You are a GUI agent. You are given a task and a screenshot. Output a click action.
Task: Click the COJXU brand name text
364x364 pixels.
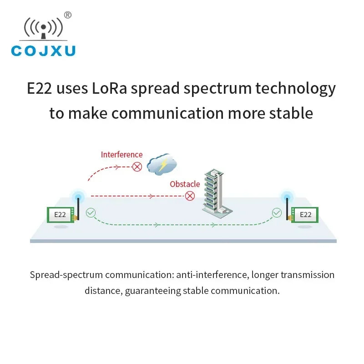pos(43,51)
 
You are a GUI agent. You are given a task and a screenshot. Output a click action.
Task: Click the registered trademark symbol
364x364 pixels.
pos(67,15)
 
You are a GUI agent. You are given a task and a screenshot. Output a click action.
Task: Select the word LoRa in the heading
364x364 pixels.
pos(109,88)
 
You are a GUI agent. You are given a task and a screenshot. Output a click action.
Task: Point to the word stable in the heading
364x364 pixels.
pos(291,113)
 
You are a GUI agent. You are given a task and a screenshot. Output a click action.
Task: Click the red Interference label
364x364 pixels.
pos(121,155)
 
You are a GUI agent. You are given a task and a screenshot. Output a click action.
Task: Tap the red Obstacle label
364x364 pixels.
pos(185,184)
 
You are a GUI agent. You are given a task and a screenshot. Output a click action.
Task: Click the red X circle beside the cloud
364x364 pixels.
pos(137,167)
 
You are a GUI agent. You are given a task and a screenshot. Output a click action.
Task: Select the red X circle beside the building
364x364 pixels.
pos(190,196)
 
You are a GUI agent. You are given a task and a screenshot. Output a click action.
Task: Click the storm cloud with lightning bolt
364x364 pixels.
pos(162,164)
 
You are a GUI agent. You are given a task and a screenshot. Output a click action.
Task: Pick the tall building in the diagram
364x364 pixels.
pos(217,193)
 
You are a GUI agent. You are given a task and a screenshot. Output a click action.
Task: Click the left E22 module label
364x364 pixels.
pos(60,215)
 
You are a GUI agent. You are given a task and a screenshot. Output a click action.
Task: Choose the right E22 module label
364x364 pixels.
pos(305,215)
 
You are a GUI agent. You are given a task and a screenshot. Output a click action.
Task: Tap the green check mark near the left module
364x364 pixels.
pos(91,212)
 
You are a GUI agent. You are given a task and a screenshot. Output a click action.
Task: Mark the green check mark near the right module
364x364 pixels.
pos(277,212)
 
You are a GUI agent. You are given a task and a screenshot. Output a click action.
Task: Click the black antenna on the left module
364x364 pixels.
pos(78,209)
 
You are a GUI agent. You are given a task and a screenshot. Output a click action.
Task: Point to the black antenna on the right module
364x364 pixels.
pos(287,209)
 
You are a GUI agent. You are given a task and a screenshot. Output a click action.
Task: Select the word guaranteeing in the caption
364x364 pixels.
pos(153,291)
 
